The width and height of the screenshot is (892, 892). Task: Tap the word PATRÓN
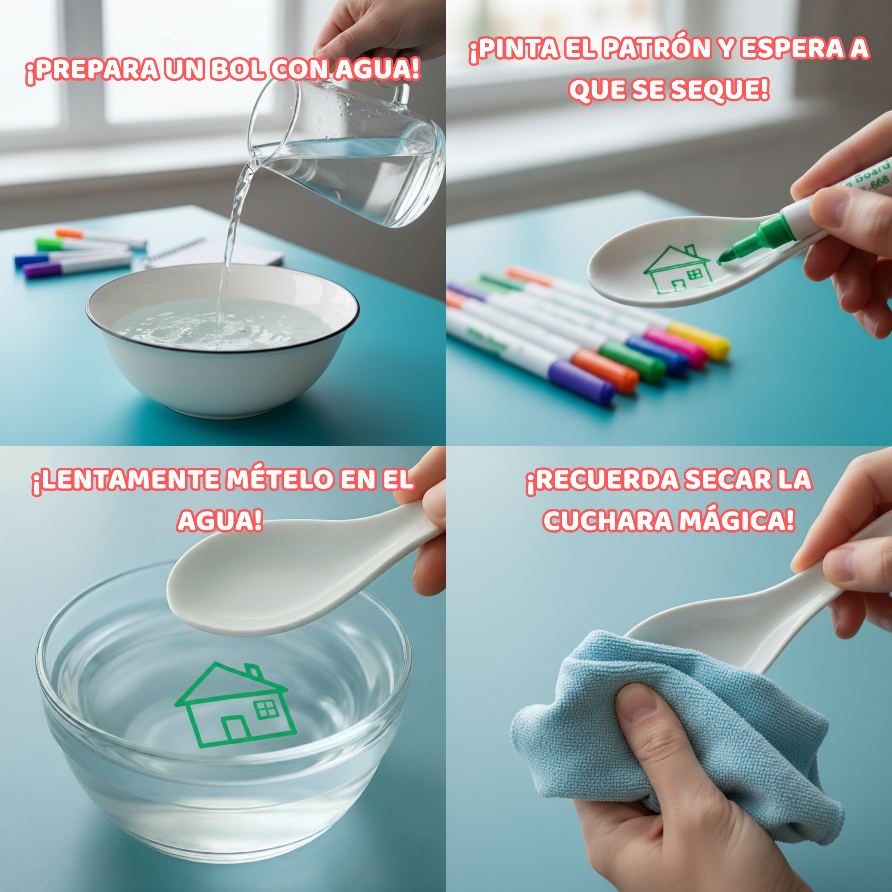pos(656,49)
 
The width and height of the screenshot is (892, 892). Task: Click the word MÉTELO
pos(279,480)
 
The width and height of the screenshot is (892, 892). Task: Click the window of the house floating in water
pos(266,709)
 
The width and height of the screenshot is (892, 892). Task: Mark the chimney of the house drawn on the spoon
pos(690,251)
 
